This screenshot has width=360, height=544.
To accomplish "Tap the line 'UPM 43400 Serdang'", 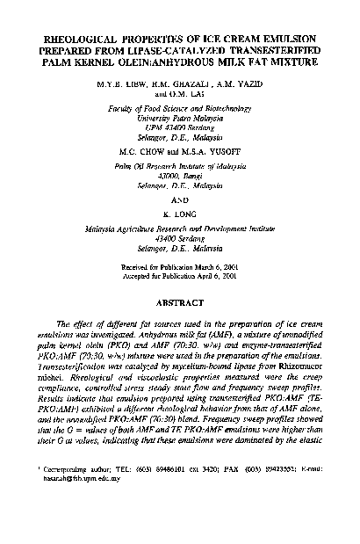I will pos(179,123).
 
